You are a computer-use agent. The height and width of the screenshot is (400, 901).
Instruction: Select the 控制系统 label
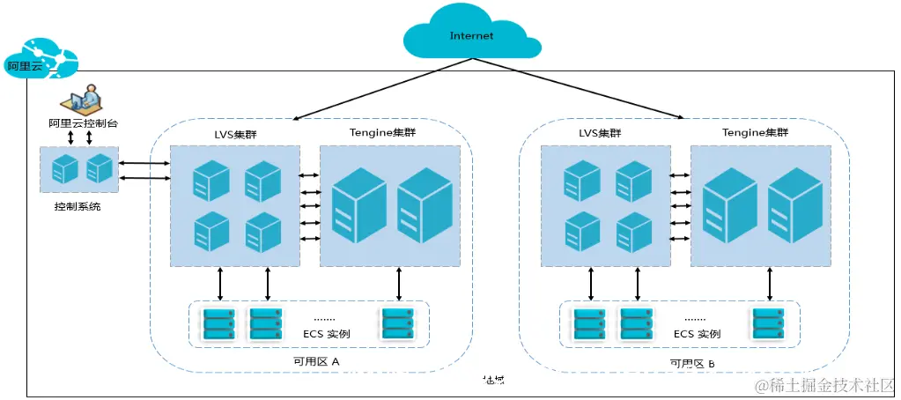(78, 207)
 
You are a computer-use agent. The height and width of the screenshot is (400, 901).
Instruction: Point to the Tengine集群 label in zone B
(755, 133)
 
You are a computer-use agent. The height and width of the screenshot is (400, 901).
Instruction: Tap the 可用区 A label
(316, 361)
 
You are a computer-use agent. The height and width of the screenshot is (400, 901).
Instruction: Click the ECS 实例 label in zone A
(327, 334)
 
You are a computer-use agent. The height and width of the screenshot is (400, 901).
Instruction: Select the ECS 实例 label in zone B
(697, 334)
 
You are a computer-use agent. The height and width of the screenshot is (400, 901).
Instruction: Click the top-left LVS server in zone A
(211, 181)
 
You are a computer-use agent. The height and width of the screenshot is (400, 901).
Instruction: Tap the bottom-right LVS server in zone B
(633, 232)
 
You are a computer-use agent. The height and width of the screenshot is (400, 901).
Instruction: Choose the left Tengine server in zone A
(358, 204)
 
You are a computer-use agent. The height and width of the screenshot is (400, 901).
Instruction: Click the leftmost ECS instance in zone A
(219, 323)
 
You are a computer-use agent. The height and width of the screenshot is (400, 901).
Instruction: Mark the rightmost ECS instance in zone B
(767, 323)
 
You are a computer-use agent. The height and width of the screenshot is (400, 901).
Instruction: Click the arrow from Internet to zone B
(581, 88)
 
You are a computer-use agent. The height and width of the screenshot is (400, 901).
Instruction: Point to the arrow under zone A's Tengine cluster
(399, 284)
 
